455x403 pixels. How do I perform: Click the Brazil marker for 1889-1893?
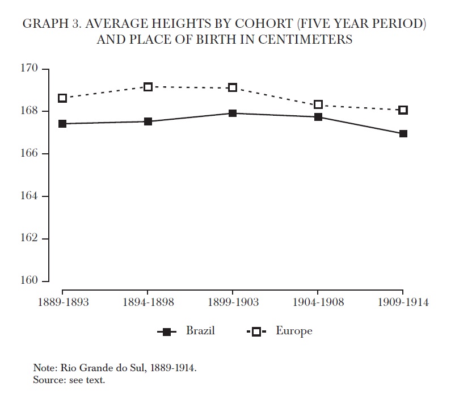click(x=62, y=124)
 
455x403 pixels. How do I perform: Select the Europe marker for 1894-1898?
click(x=148, y=87)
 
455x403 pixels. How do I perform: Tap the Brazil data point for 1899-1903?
click(x=233, y=114)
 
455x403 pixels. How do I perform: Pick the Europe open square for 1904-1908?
click(x=318, y=104)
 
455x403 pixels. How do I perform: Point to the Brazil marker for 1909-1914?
click(x=403, y=134)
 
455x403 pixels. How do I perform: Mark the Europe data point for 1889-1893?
click(x=62, y=98)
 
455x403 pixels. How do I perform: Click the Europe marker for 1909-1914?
click(x=403, y=110)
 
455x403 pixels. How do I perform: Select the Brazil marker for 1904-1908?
click(x=318, y=117)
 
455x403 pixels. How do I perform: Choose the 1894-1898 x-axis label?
click(x=148, y=302)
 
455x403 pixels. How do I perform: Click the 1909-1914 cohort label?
click(x=403, y=302)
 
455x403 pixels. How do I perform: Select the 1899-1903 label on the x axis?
click(x=233, y=302)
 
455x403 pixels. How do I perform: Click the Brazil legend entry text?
click(x=200, y=331)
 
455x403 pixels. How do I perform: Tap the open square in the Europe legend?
click(x=256, y=332)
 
